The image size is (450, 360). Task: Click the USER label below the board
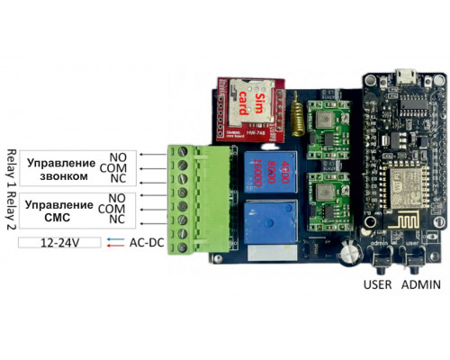377,286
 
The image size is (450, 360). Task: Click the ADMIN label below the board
421,286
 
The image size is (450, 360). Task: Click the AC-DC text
147,243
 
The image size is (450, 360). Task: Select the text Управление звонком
60,169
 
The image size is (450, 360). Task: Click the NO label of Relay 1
117,157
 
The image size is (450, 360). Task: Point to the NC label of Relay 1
117,180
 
